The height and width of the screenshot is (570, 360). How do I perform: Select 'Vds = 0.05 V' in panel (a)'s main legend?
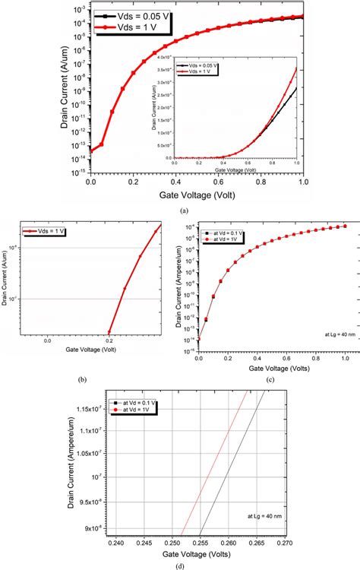tap(144, 14)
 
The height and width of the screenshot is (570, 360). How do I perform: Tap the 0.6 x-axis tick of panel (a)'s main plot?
tap(218, 182)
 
